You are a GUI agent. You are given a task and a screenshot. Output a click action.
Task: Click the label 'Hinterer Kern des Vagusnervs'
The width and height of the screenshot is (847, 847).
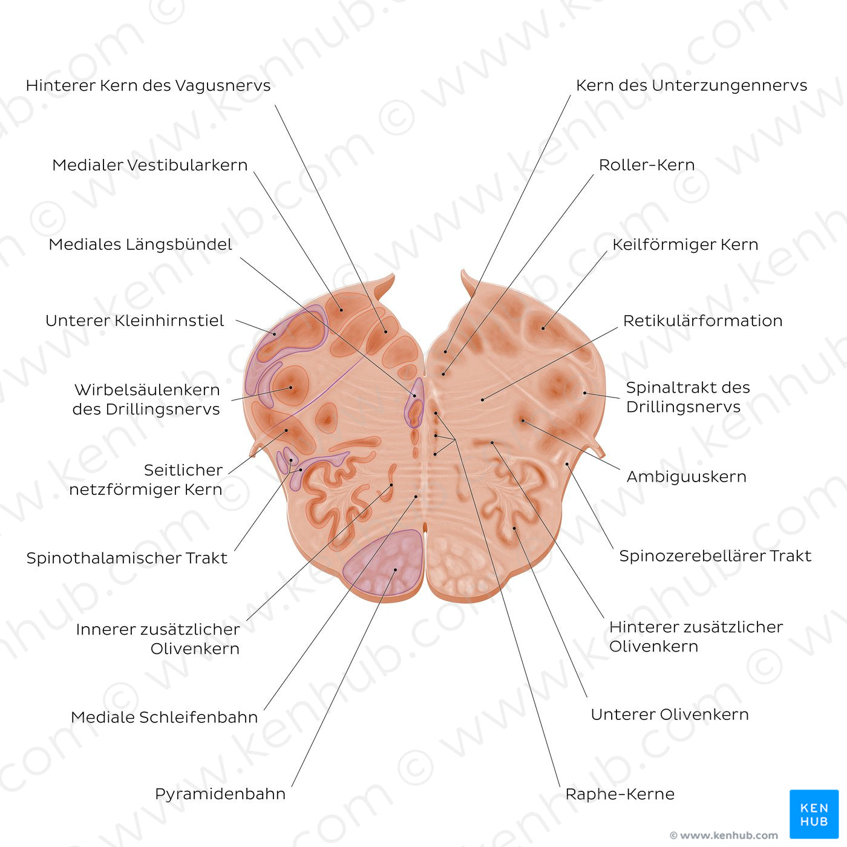point(148,86)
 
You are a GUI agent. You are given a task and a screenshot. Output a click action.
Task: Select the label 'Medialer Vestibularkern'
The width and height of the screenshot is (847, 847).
point(150,165)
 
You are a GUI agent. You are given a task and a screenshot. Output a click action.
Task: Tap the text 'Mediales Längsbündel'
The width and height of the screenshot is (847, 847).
point(140,244)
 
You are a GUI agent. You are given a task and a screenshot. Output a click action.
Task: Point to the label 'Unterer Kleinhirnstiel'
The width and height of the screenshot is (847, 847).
point(135,321)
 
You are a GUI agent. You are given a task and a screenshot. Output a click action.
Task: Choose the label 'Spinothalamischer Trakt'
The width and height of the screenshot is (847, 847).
point(127,558)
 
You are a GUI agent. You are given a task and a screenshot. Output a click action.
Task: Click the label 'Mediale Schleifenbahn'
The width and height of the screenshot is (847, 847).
point(165,718)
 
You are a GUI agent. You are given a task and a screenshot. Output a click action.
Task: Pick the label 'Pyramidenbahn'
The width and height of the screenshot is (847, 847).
point(220,794)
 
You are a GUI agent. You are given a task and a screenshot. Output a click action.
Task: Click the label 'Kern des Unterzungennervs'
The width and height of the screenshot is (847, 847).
point(692,86)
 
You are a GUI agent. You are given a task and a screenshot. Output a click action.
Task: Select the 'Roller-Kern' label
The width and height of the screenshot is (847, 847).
point(647,165)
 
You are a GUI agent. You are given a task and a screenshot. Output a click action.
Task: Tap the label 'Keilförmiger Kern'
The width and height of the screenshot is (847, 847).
point(685,244)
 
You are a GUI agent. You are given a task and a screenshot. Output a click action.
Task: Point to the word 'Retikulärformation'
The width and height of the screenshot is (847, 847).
point(703,321)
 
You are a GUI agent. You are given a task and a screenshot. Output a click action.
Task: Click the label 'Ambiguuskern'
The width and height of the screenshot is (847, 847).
point(687,477)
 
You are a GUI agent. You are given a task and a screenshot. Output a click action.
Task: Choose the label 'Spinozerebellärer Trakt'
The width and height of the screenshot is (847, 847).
point(715,556)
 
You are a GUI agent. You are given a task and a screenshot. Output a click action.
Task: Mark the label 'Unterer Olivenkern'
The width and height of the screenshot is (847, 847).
point(670,715)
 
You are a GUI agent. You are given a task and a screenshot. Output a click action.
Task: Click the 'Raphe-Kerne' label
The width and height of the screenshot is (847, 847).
point(620,794)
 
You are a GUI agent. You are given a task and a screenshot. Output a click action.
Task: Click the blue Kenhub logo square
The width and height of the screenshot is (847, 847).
point(814,814)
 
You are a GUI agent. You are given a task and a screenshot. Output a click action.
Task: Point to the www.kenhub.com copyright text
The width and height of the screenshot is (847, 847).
point(724,836)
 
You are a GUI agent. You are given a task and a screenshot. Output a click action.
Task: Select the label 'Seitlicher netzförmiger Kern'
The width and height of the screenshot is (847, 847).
point(146,480)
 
